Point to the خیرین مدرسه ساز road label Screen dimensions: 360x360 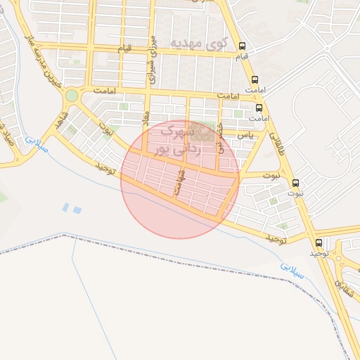click(40, 54)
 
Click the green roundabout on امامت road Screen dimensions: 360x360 click(71, 95)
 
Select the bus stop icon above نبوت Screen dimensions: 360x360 click(295, 181)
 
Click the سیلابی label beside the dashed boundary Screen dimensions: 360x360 click(292, 271)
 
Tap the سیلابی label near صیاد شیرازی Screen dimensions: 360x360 click(33, 143)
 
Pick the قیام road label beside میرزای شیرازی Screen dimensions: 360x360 click(124, 48)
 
